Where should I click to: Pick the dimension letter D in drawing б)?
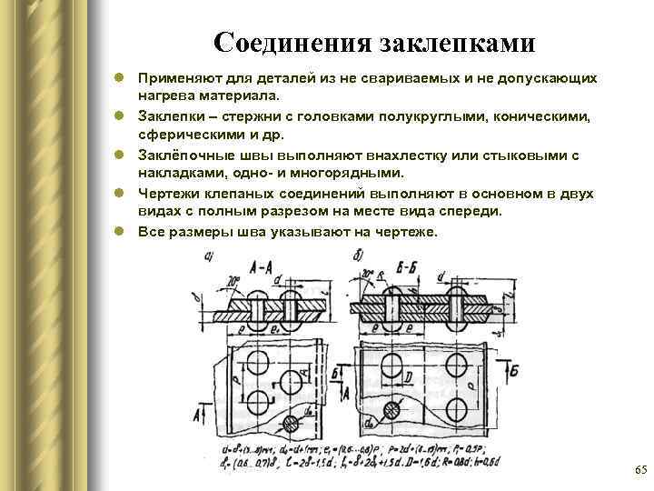[411, 375]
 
